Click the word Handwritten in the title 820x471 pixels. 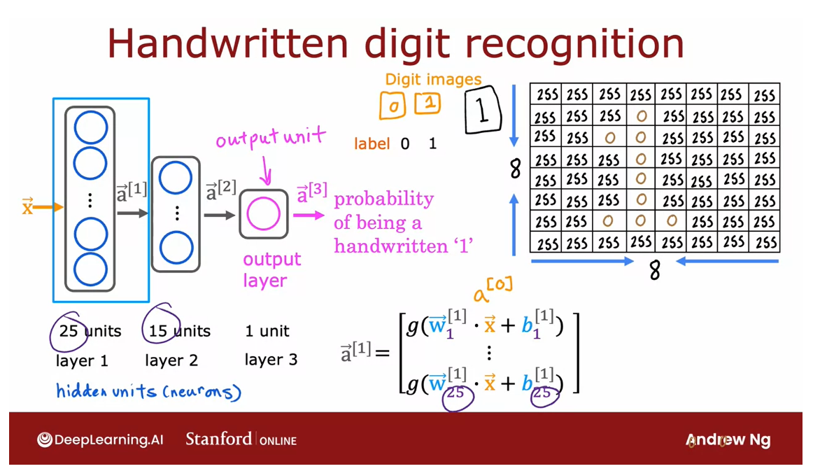coord(227,43)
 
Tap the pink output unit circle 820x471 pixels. coord(264,214)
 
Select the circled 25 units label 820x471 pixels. coord(90,331)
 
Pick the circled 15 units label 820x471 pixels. coord(179,331)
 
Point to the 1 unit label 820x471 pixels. coord(267,331)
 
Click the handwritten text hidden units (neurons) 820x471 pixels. coord(148,391)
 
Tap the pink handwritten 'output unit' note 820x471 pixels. coord(270,139)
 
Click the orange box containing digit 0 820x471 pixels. coord(393,106)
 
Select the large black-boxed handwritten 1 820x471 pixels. coord(483,110)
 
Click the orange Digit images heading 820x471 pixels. coord(433,80)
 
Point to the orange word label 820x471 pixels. coord(372,143)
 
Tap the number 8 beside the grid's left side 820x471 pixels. coord(516,169)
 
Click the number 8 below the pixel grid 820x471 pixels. coord(654,270)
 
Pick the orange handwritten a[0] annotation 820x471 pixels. coord(493,289)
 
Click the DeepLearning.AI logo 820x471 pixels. coord(99,440)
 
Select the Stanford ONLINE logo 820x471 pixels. coord(241,440)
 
